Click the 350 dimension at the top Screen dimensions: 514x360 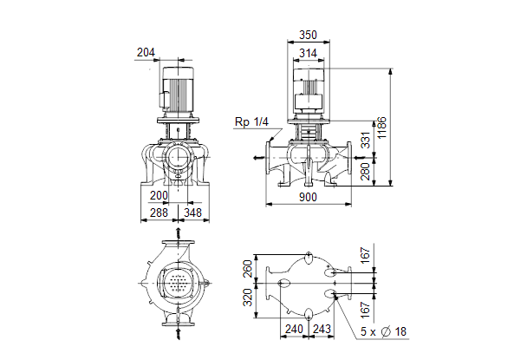(x=308, y=35)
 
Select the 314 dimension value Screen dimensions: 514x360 (x=308, y=53)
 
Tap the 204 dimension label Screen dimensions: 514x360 (x=146, y=52)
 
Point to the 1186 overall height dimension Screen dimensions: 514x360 (x=382, y=128)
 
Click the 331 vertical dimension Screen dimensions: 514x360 (x=365, y=140)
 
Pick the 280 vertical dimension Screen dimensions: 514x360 (x=365, y=172)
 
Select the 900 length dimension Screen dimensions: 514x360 (x=308, y=197)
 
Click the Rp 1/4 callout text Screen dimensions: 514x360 (x=251, y=121)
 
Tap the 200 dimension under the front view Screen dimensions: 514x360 (x=159, y=195)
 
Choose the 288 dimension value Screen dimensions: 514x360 (x=159, y=213)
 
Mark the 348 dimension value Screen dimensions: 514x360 (x=192, y=213)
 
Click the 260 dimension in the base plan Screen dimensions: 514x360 (x=248, y=268)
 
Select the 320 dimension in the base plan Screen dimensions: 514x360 (x=248, y=298)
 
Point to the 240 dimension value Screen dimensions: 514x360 (x=294, y=329)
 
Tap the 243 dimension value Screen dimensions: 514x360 (x=322, y=329)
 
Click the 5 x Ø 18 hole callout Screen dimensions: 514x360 (x=383, y=331)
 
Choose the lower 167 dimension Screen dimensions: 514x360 (x=365, y=310)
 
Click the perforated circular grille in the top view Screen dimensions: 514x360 (x=178, y=283)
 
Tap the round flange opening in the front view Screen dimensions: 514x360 (x=178, y=157)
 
